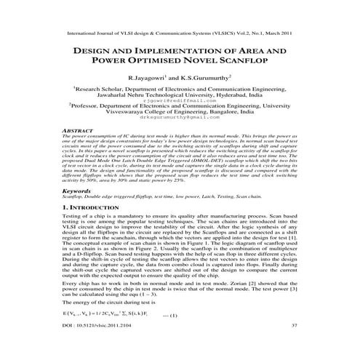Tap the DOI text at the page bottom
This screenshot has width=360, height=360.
point(101,345)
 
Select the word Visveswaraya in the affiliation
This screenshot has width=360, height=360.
point(110,113)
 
